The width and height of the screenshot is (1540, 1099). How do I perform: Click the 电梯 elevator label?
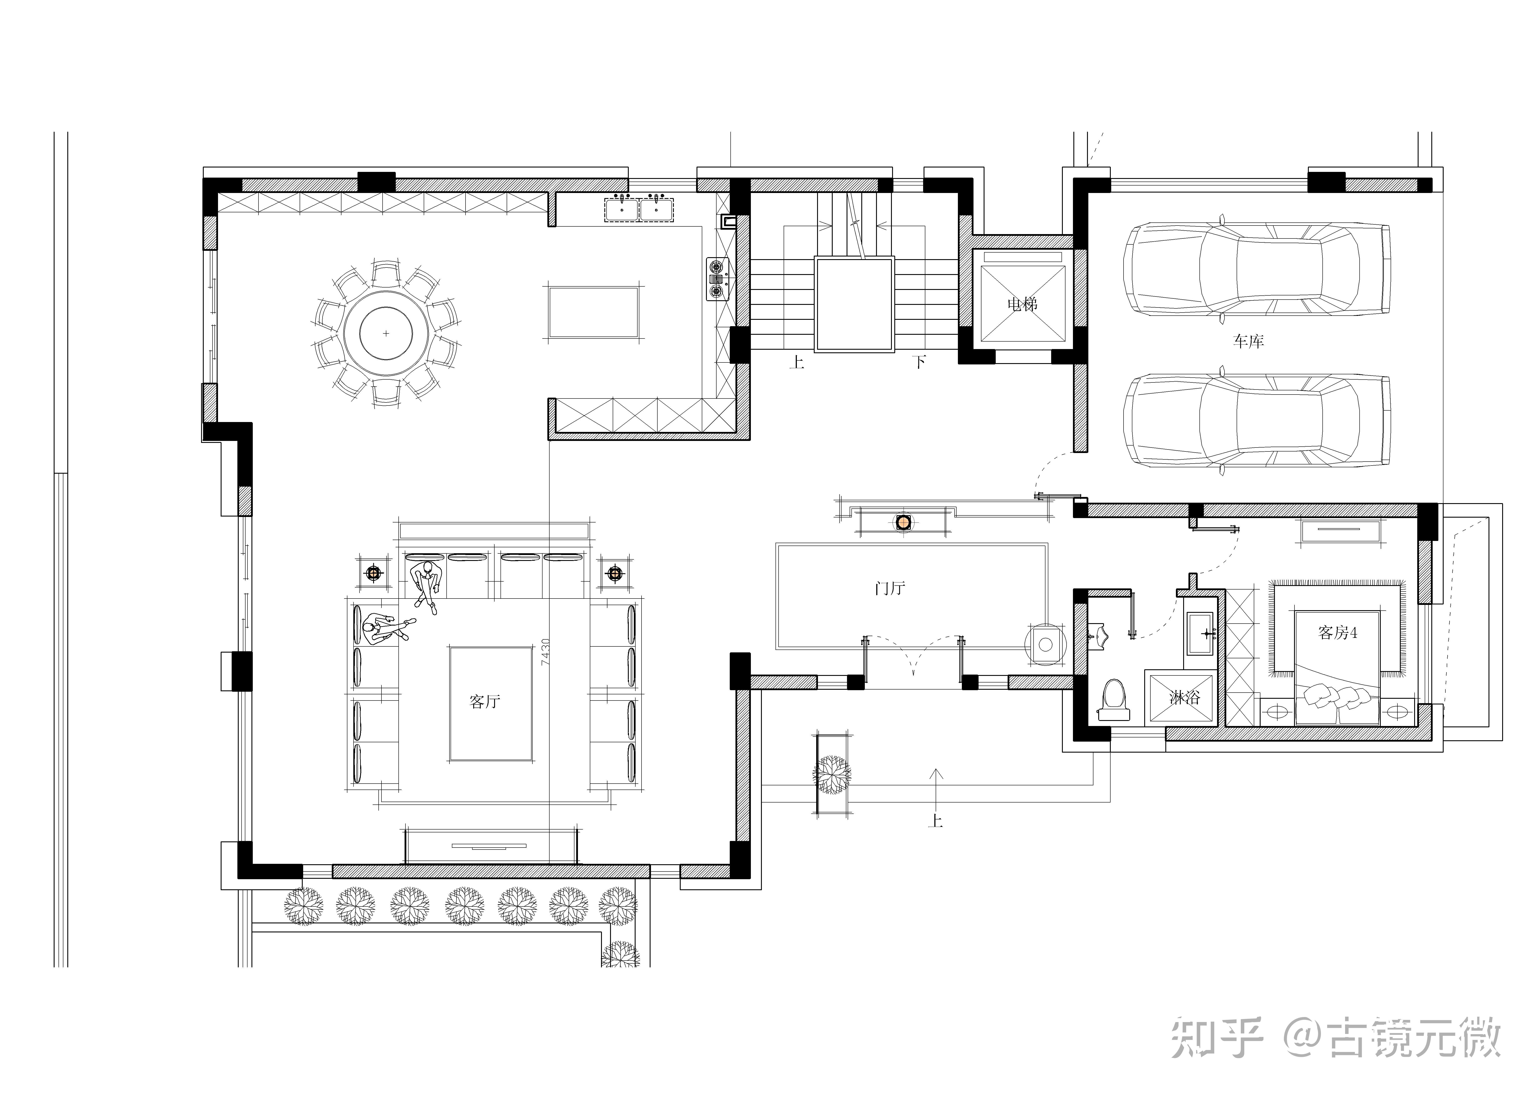coord(1022,304)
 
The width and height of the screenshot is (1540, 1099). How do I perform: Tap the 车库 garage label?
coord(1248,341)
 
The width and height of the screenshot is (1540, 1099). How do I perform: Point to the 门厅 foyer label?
coord(889,588)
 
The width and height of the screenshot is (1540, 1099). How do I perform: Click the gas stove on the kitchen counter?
coord(717,278)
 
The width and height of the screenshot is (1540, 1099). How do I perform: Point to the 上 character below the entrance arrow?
coord(936,821)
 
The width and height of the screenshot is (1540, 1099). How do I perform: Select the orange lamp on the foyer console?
coord(903,522)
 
